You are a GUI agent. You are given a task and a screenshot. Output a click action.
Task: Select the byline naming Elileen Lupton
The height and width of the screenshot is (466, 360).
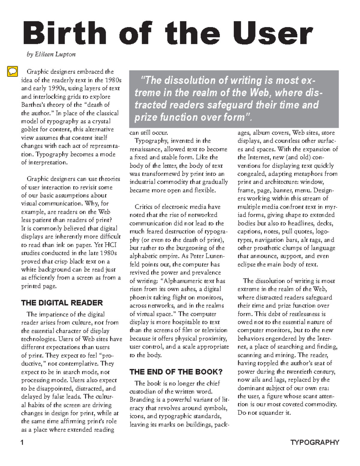(51, 55)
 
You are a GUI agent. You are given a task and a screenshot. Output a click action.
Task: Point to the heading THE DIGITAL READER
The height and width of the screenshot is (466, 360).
(62, 303)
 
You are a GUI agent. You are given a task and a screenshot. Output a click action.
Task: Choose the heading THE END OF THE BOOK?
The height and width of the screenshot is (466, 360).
(176, 372)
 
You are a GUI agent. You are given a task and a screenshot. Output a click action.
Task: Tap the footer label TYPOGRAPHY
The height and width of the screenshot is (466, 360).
(315, 443)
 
